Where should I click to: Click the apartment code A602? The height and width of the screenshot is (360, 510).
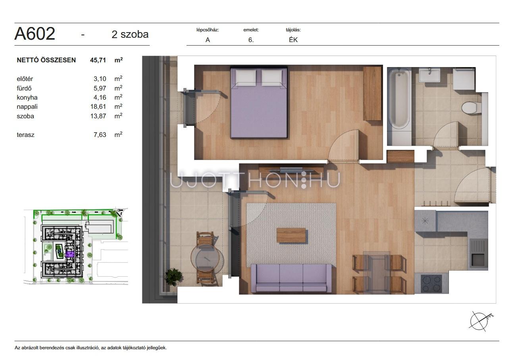(35, 33)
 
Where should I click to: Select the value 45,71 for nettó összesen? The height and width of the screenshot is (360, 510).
(98, 60)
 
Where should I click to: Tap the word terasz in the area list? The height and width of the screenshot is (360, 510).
(25, 135)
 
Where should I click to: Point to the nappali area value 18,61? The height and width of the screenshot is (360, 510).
(98, 106)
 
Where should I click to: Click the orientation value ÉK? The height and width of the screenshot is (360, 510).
(293, 40)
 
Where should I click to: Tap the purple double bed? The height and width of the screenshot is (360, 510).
(259, 102)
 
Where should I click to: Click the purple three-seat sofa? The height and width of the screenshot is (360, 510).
(291, 278)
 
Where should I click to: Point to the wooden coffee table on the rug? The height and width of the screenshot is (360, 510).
(291, 235)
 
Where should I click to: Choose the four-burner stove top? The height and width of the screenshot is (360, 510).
(431, 283)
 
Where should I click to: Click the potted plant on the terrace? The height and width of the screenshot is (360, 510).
(174, 277)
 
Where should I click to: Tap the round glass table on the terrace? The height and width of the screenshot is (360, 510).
(205, 257)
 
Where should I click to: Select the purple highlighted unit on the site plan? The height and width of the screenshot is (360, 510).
(70, 254)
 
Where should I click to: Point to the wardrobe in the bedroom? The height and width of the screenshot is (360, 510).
(372, 93)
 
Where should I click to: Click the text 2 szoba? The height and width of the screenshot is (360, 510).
(130, 35)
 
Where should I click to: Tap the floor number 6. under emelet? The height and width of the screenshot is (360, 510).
(251, 40)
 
